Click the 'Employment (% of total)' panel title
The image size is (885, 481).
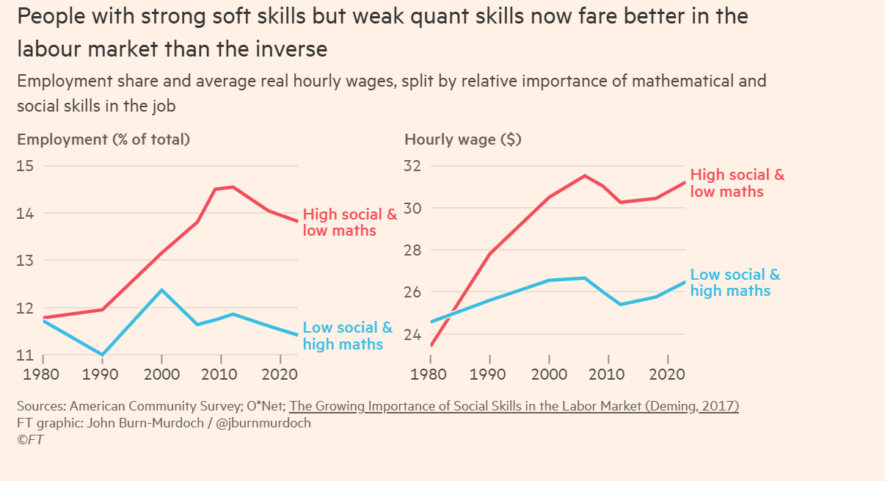tap(103, 140)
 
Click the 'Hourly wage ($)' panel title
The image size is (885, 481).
tap(463, 140)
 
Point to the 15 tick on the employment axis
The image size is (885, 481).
tap(25, 166)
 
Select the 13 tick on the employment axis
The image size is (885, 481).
tap(25, 261)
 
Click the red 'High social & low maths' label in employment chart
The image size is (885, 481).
tap(349, 223)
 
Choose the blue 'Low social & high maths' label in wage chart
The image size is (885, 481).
tap(735, 283)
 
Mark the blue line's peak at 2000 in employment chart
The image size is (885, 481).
tap(162, 290)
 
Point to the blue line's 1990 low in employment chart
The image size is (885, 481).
tap(102, 355)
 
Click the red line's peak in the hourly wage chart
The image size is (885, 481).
tap(584, 176)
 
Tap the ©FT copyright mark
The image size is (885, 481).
tap(32, 439)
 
